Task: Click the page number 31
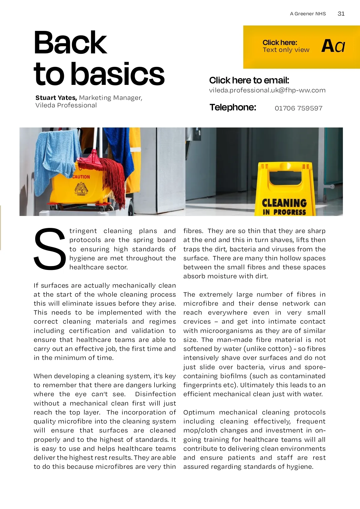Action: point(341,13)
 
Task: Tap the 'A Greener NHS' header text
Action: point(308,14)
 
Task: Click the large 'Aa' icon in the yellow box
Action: point(333,46)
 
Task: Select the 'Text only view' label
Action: point(286,50)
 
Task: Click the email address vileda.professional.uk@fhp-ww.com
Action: point(267,90)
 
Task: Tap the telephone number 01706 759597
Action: point(298,108)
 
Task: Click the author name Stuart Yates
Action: point(56,98)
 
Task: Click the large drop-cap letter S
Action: point(49,249)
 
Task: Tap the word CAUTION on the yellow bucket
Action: point(81,177)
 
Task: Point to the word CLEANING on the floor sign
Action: point(284,203)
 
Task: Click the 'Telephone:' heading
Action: point(233,107)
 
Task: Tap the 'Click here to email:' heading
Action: point(249,80)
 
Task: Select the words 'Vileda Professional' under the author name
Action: point(66,106)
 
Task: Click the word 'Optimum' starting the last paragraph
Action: point(199,412)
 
